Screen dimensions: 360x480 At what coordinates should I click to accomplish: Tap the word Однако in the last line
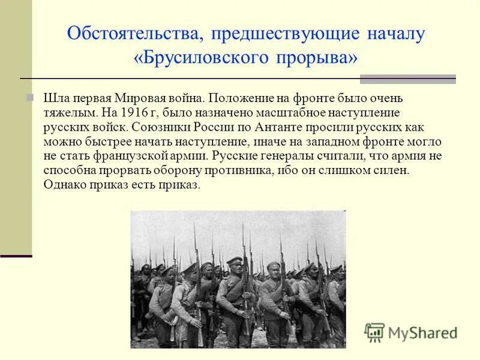pyautogui.click(x=62, y=185)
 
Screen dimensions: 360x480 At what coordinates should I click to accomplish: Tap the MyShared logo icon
pyautogui.click(x=374, y=332)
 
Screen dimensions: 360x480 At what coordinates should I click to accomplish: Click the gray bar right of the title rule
pyautogui.click(x=407, y=79)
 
